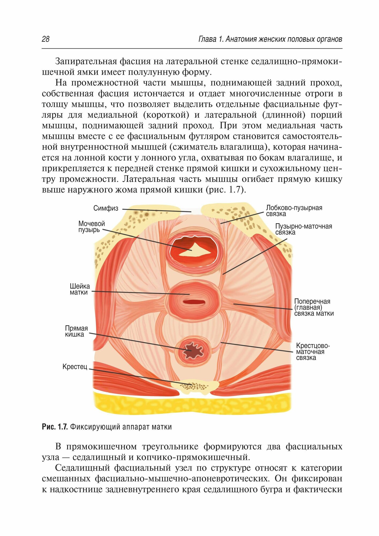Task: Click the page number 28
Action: pos(46,39)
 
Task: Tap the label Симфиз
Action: pos(106,208)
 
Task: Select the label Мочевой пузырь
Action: pos(91,227)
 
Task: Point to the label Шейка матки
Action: pos(80,289)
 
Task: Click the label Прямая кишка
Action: pos(76,331)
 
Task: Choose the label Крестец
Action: pos(75,367)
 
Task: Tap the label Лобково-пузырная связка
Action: pos(294,211)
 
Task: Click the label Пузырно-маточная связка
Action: pos(303,229)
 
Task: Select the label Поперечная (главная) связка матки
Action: pos(314,307)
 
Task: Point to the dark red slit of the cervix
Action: pos(194,302)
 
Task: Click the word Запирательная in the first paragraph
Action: pos(86,62)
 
